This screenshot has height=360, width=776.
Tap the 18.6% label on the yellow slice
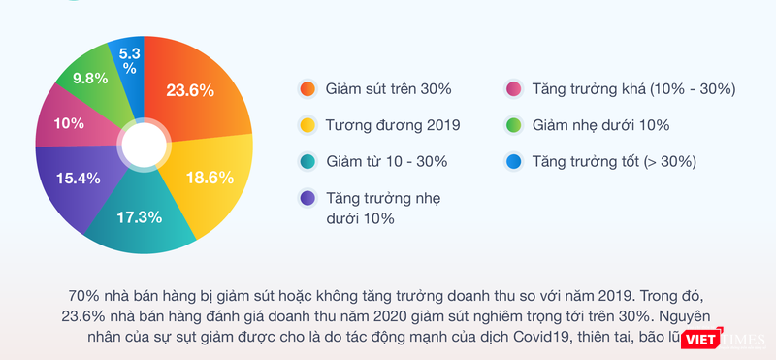click(x=210, y=177)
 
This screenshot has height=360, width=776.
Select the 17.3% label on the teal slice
click(x=139, y=216)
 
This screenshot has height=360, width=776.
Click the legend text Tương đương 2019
click(x=393, y=125)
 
